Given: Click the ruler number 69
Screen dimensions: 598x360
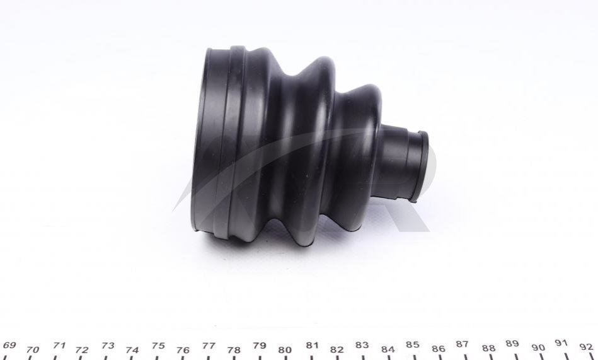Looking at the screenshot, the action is [9, 345].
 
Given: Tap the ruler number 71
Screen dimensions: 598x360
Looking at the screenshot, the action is [59, 345].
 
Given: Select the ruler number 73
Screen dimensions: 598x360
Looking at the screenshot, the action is [108, 345].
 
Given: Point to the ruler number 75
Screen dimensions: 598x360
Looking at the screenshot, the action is [158, 345].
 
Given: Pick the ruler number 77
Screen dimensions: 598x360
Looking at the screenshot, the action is [209, 345].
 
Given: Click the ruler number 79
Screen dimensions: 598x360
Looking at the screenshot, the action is [260, 345].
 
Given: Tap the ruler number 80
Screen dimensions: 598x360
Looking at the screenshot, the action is [285, 350].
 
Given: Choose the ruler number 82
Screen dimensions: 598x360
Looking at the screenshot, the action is [336, 349].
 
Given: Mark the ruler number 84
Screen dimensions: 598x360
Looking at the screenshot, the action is [388, 349].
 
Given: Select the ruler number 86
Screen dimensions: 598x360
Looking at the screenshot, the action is [439, 349].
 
